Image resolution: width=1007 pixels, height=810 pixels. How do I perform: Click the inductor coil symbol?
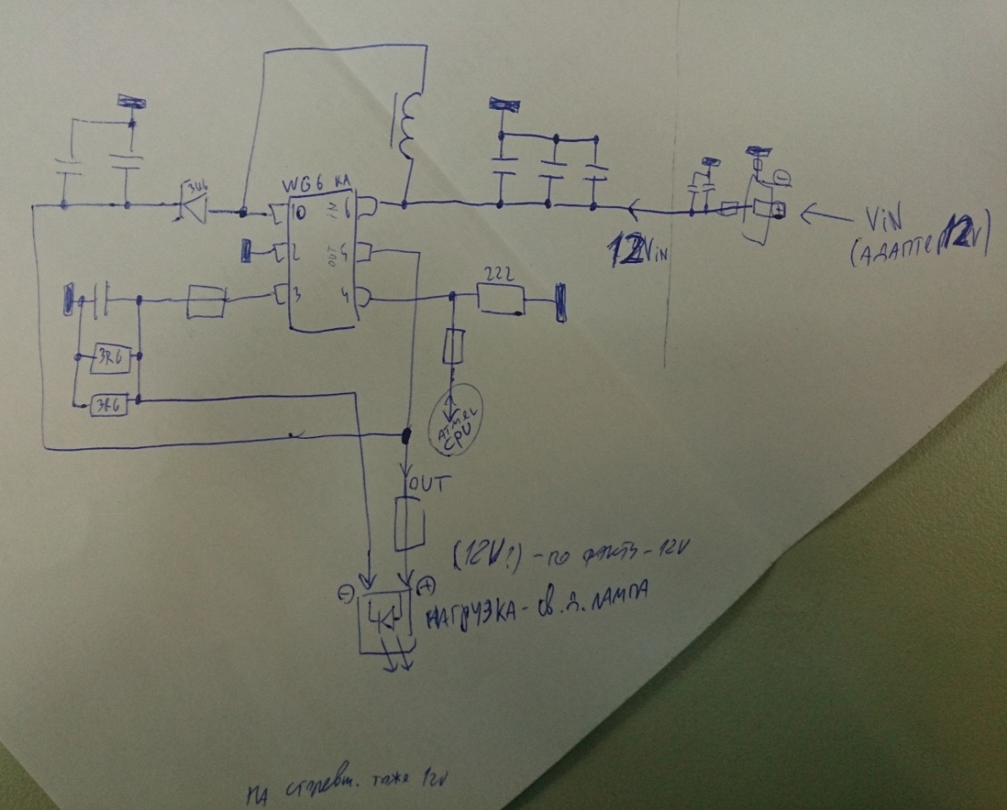coord(408,127)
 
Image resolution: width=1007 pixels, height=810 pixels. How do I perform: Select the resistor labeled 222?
coord(500,297)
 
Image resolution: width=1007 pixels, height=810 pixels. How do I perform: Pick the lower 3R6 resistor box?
coord(109,406)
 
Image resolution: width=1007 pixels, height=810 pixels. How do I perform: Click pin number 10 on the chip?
coord(298,209)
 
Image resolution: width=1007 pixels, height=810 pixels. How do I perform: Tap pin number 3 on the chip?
coord(296,295)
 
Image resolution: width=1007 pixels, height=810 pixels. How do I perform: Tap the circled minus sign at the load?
coord(344,594)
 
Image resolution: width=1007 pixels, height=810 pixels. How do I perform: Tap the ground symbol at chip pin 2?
coord(247,251)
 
